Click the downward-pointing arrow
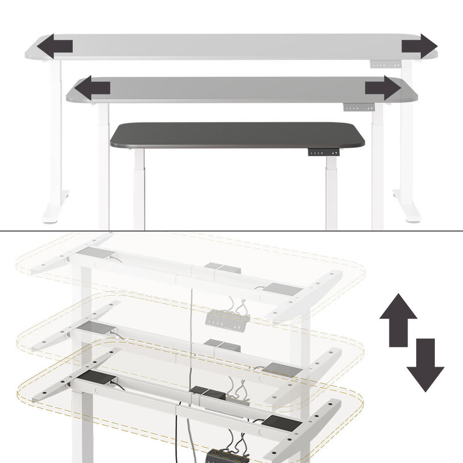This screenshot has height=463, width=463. point(425,365)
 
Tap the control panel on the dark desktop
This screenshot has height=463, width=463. point(324,152)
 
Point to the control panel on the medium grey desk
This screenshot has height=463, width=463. point(359,108)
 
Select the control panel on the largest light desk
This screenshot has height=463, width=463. point(386,64)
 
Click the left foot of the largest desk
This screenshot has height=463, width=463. point(54,210)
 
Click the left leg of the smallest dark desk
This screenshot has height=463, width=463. point(139,189)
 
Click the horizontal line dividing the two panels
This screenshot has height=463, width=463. point(231,231)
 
